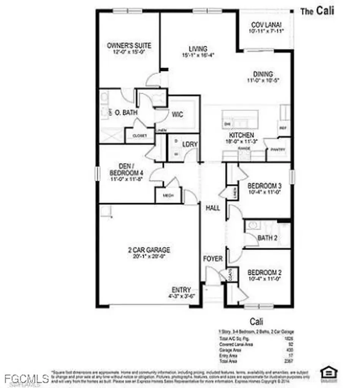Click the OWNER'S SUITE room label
click(129, 46)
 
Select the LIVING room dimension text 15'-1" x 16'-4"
click(198, 55)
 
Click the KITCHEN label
click(241, 135)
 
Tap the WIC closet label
click(177, 114)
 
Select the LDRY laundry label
click(188, 144)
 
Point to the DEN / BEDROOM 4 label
click(126, 170)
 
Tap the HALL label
click(213, 208)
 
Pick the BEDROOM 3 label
click(264, 186)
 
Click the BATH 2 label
click(268, 238)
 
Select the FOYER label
click(213, 259)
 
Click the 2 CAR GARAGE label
click(148, 250)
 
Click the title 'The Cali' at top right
click(317, 11)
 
